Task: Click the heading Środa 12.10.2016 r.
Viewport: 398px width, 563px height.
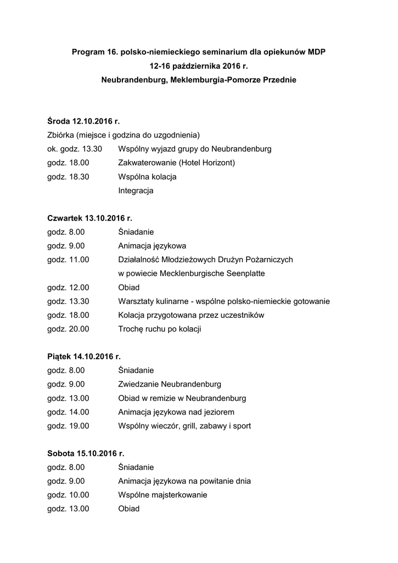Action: click(83, 121)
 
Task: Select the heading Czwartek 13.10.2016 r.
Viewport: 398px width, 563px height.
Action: click(90, 218)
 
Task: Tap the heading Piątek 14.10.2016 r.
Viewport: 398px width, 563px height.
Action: click(84, 356)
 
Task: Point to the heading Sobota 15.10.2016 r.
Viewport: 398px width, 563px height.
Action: click(86, 454)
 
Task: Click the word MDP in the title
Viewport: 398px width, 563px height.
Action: click(315, 52)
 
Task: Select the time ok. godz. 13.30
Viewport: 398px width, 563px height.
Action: click(75, 149)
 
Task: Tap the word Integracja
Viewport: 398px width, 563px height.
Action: click(136, 191)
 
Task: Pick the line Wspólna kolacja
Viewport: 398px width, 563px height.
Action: click(147, 177)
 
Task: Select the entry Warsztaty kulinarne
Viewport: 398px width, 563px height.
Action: click(155, 301)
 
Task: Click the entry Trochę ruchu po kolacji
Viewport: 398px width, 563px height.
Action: click(160, 329)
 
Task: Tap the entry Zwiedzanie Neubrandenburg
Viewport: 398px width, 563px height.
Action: click(170, 384)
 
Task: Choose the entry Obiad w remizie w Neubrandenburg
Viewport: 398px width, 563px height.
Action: click(182, 398)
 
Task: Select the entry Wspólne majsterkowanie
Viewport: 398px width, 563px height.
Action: click(162, 495)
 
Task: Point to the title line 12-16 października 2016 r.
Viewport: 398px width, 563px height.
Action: click(198, 66)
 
